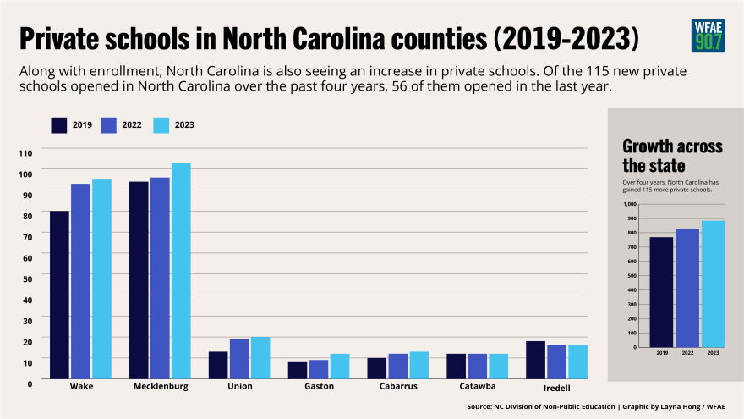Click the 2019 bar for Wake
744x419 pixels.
point(59,295)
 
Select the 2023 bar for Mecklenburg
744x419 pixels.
point(181,271)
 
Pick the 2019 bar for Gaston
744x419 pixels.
point(298,371)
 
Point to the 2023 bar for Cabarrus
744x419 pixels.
point(419,365)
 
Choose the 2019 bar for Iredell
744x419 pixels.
point(535,360)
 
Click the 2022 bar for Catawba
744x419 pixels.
point(477,366)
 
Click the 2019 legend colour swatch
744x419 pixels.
point(59,125)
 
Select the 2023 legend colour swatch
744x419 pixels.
point(161,125)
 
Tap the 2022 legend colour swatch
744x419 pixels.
point(110,125)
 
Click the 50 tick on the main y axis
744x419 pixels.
point(27,278)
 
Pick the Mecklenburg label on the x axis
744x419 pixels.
point(160,387)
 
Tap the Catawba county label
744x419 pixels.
point(477,387)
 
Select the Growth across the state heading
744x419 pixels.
point(672,155)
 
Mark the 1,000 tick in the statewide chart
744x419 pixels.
point(629,204)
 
